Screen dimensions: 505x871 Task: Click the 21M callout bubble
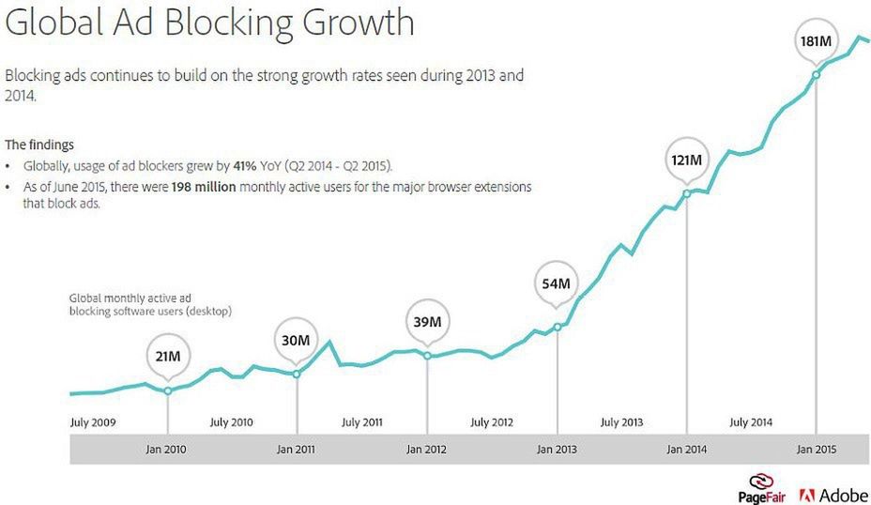click(168, 357)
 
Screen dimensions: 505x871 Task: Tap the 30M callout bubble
click(297, 339)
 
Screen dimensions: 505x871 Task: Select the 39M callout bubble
click(428, 322)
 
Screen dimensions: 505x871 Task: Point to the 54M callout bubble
click(558, 283)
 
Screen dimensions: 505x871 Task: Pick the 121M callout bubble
click(686, 160)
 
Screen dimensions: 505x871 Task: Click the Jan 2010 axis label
click(166, 450)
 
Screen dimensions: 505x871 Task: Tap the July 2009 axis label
click(93, 422)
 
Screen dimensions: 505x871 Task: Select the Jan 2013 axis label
click(557, 450)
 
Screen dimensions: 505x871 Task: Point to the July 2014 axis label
click(751, 422)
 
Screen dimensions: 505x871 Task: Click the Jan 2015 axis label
click(816, 450)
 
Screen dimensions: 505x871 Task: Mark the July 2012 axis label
click(492, 422)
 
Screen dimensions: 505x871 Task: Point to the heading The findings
click(39, 145)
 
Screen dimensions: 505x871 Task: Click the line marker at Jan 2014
click(686, 193)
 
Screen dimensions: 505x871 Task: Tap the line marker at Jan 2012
click(428, 356)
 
